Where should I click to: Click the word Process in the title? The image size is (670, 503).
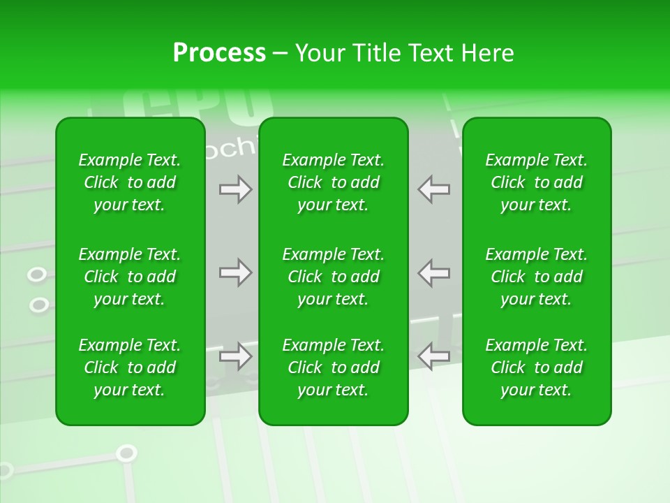219,53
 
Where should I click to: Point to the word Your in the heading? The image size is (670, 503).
320,53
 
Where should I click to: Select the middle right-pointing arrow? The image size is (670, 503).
235,272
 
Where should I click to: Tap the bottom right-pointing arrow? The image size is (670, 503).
235,356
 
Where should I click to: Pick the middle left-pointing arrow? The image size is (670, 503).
434,272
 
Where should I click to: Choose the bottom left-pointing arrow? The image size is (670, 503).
434,356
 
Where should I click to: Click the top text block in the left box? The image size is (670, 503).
130,182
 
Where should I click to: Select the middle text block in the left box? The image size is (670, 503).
130,277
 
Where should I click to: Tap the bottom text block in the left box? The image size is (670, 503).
130,367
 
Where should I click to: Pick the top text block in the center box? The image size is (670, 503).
333,182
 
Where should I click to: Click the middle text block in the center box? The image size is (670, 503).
333,277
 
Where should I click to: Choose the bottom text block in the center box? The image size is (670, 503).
333,367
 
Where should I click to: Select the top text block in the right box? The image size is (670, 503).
536,182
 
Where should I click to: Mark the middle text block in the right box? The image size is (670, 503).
536,277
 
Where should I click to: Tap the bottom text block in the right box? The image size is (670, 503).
536,367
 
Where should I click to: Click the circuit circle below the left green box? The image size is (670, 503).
126,453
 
